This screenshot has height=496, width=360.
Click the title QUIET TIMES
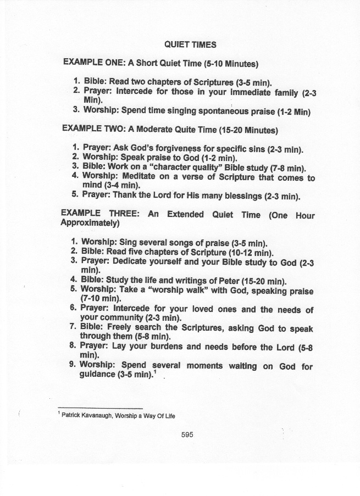[190, 44]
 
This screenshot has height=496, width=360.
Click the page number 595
[187, 434]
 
